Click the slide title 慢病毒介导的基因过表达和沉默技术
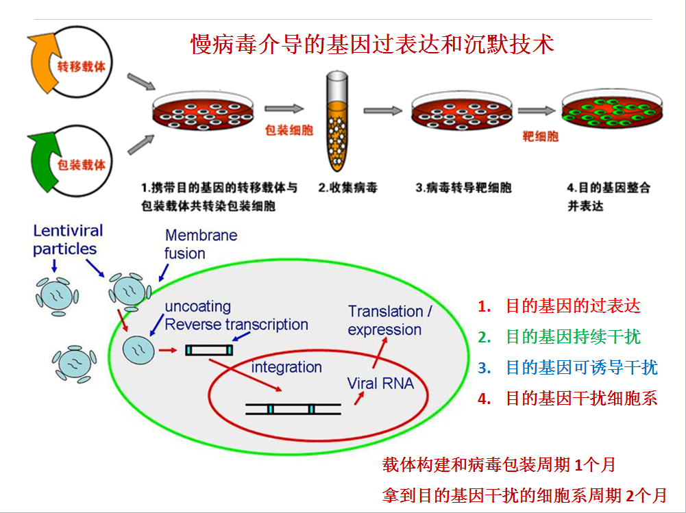pyautogui.click(x=371, y=45)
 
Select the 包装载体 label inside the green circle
pyautogui.click(x=82, y=164)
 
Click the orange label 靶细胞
pyautogui.click(x=540, y=136)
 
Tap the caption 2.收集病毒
pyautogui.click(x=347, y=188)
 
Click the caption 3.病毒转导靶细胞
pyautogui.click(x=463, y=188)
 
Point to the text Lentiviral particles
pyautogui.click(x=68, y=240)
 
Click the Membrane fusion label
pyautogui.click(x=201, y=245)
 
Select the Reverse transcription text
pyautogui.click(x=236, y=325)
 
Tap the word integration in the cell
pyautogui.click(x=286, y=367)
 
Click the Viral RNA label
pyautogui.click(x=380, y=384)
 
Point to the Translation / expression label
pyautogui.click(x=389, y=321)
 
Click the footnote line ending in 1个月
pyautogui.click(x=498, y=465)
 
